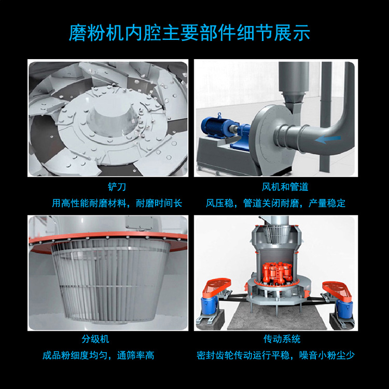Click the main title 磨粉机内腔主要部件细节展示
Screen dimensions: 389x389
click(189, 33)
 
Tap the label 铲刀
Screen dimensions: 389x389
click(117, 187)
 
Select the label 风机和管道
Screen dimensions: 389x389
click(285, 187)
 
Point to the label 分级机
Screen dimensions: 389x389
click(95, 339)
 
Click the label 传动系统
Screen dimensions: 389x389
click(282, 339)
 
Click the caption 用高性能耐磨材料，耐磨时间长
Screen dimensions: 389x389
click(117, 203)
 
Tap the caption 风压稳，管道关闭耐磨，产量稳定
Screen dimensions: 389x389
click(275, 203)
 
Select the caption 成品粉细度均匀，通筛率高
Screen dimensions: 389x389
click(98, 355)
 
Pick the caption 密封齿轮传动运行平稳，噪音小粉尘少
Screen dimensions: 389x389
click(275, 355)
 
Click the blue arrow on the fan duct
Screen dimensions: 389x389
click(328, 140)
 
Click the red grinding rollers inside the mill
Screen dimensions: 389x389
click(277, 272)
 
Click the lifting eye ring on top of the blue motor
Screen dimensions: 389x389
click(219, 116)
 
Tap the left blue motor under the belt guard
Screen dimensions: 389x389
click(209, 305)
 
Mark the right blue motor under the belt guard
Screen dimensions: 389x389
click(344, 309)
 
